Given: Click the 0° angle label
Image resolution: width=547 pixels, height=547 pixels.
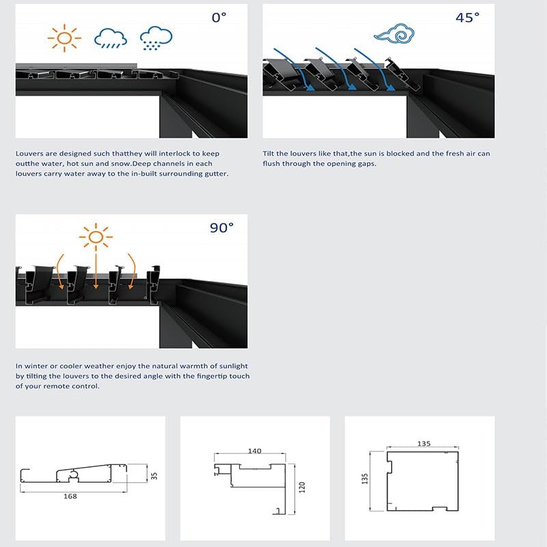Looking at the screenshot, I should click(219, 18).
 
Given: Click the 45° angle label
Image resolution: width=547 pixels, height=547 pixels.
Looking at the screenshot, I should click(468, 18).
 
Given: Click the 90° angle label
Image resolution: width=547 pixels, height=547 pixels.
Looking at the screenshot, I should click(222, 228).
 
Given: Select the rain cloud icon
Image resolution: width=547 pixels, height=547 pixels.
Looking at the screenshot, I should click(111, 39).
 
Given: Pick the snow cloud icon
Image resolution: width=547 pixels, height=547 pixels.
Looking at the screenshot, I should click(155, 39).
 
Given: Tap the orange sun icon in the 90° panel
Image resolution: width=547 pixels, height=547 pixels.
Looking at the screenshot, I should click(96, 237).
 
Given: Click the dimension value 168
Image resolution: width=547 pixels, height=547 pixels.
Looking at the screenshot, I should click(69, 496).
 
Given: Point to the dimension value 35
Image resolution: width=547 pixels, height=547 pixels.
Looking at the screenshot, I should click(154, 473).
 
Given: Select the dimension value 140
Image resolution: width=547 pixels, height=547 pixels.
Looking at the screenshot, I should click(254, 451).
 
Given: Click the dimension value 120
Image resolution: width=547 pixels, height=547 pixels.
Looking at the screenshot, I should click(302, 487).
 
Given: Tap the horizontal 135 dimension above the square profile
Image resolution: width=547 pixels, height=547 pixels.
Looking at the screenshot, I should click(423, 444).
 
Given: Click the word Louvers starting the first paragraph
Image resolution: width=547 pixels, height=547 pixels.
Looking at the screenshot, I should click(30, 154).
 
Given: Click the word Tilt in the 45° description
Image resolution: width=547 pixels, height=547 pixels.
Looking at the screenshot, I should click(269, 154).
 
